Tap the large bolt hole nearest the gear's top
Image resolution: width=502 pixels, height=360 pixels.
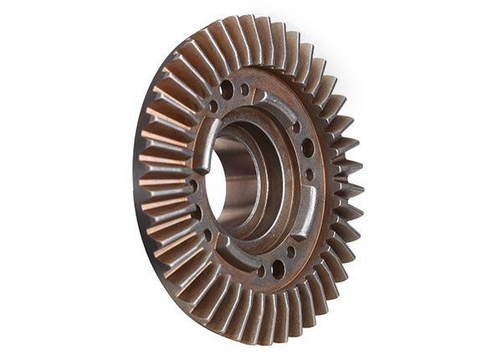pyautogui.click(x=227, y=89)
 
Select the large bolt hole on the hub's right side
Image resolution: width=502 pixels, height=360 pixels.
pyautogui.click(x=309, y=148)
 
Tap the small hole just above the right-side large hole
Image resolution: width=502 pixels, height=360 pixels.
pyautogui.click(x=296, y=127)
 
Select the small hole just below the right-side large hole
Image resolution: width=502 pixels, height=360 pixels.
pyautogui.click(x=310, y=175)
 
